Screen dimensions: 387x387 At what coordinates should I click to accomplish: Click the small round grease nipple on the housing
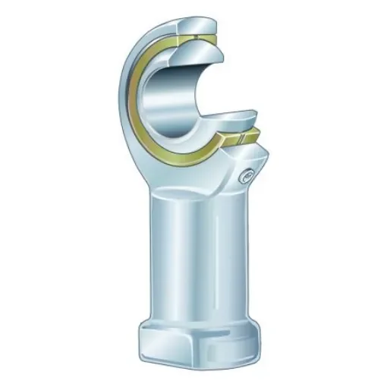click(247, 175)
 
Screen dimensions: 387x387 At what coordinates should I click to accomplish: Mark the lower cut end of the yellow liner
click(241, 138)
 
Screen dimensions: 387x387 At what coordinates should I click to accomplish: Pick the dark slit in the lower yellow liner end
click(240, 140)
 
